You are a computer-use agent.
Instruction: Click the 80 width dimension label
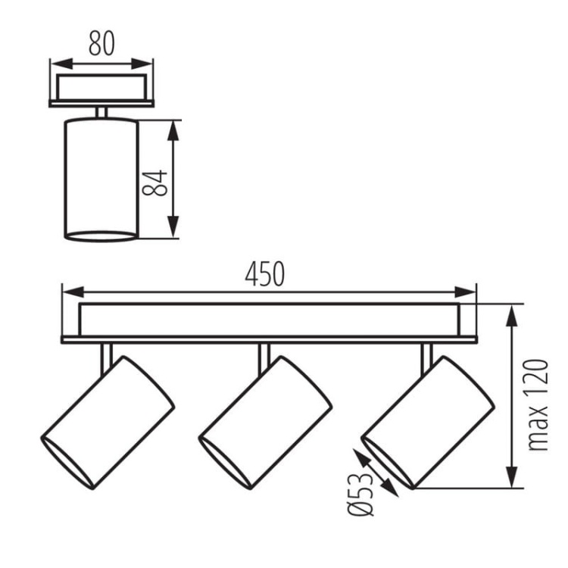[x=101, y=43]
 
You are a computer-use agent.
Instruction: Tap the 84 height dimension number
[x=154, y=183]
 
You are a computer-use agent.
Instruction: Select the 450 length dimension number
[x=265, y=274]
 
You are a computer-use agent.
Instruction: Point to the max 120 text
[x=538, y=404]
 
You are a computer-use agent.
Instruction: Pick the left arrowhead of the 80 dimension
[x=61, y=64]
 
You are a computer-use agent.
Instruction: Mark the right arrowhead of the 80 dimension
[x=142, y=64]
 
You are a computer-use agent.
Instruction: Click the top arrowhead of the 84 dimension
[x=173, y=130]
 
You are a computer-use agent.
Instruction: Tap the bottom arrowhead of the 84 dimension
[x=173, y=226]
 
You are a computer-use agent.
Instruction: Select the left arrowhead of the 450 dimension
[x=73, y=292]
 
